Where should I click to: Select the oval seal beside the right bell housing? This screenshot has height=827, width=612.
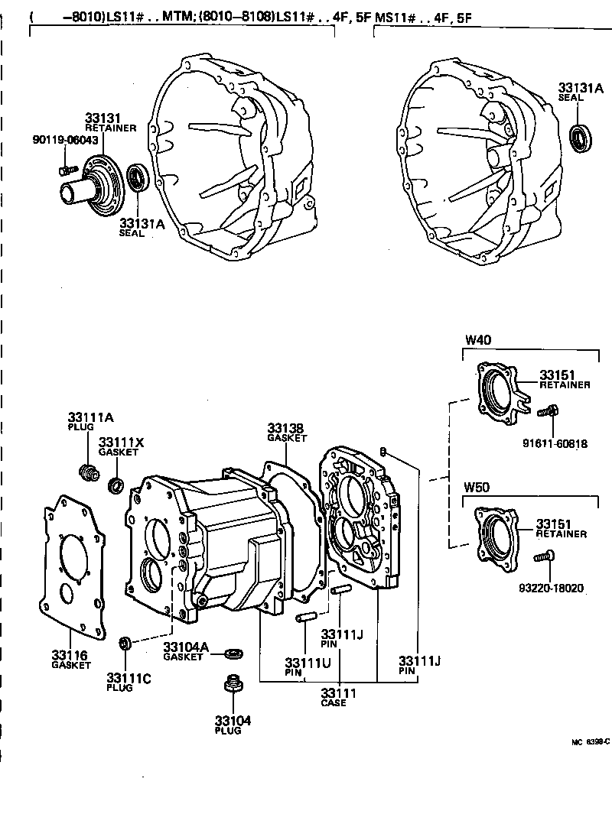tap(582, 138)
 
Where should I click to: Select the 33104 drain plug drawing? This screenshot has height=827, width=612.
tap(232, 683)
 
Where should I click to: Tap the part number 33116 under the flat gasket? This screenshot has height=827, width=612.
tap(70, 655)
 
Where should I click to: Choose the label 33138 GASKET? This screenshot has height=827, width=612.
tap(285, 428)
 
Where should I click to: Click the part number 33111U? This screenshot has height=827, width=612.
tap(308, 662)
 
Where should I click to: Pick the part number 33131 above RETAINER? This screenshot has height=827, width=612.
tap(102, 118)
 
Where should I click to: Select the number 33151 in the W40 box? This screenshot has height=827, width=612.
tap(557, 375)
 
